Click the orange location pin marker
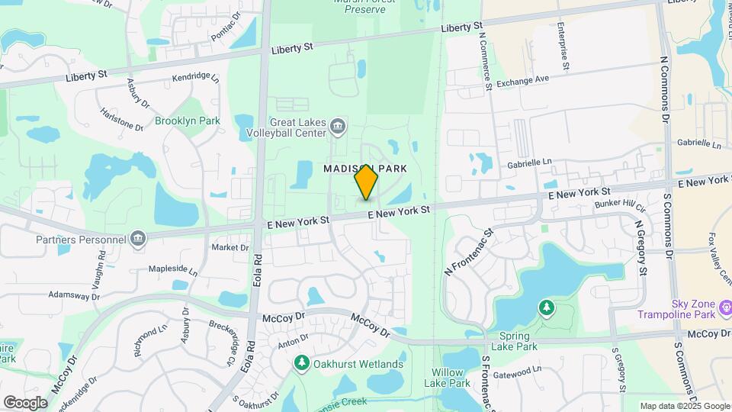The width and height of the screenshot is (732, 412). pos(367,182)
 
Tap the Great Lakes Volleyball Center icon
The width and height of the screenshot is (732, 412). pos(337,124)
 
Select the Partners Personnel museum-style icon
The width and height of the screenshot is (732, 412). pos(137,239)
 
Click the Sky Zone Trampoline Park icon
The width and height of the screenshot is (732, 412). pos(725,307)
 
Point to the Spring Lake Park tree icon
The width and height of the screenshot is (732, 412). pos(546,308)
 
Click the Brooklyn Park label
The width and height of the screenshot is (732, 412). pos(187,121)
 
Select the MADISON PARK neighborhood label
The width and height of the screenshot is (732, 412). pos(364,167)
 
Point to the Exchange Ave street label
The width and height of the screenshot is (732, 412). pos(522,80)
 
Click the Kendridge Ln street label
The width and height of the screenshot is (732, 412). pos(195,77)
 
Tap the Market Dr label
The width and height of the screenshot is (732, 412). pos(230,247)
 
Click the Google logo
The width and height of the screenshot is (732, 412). pos(25,402)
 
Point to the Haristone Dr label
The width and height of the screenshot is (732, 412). pos(122,119)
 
